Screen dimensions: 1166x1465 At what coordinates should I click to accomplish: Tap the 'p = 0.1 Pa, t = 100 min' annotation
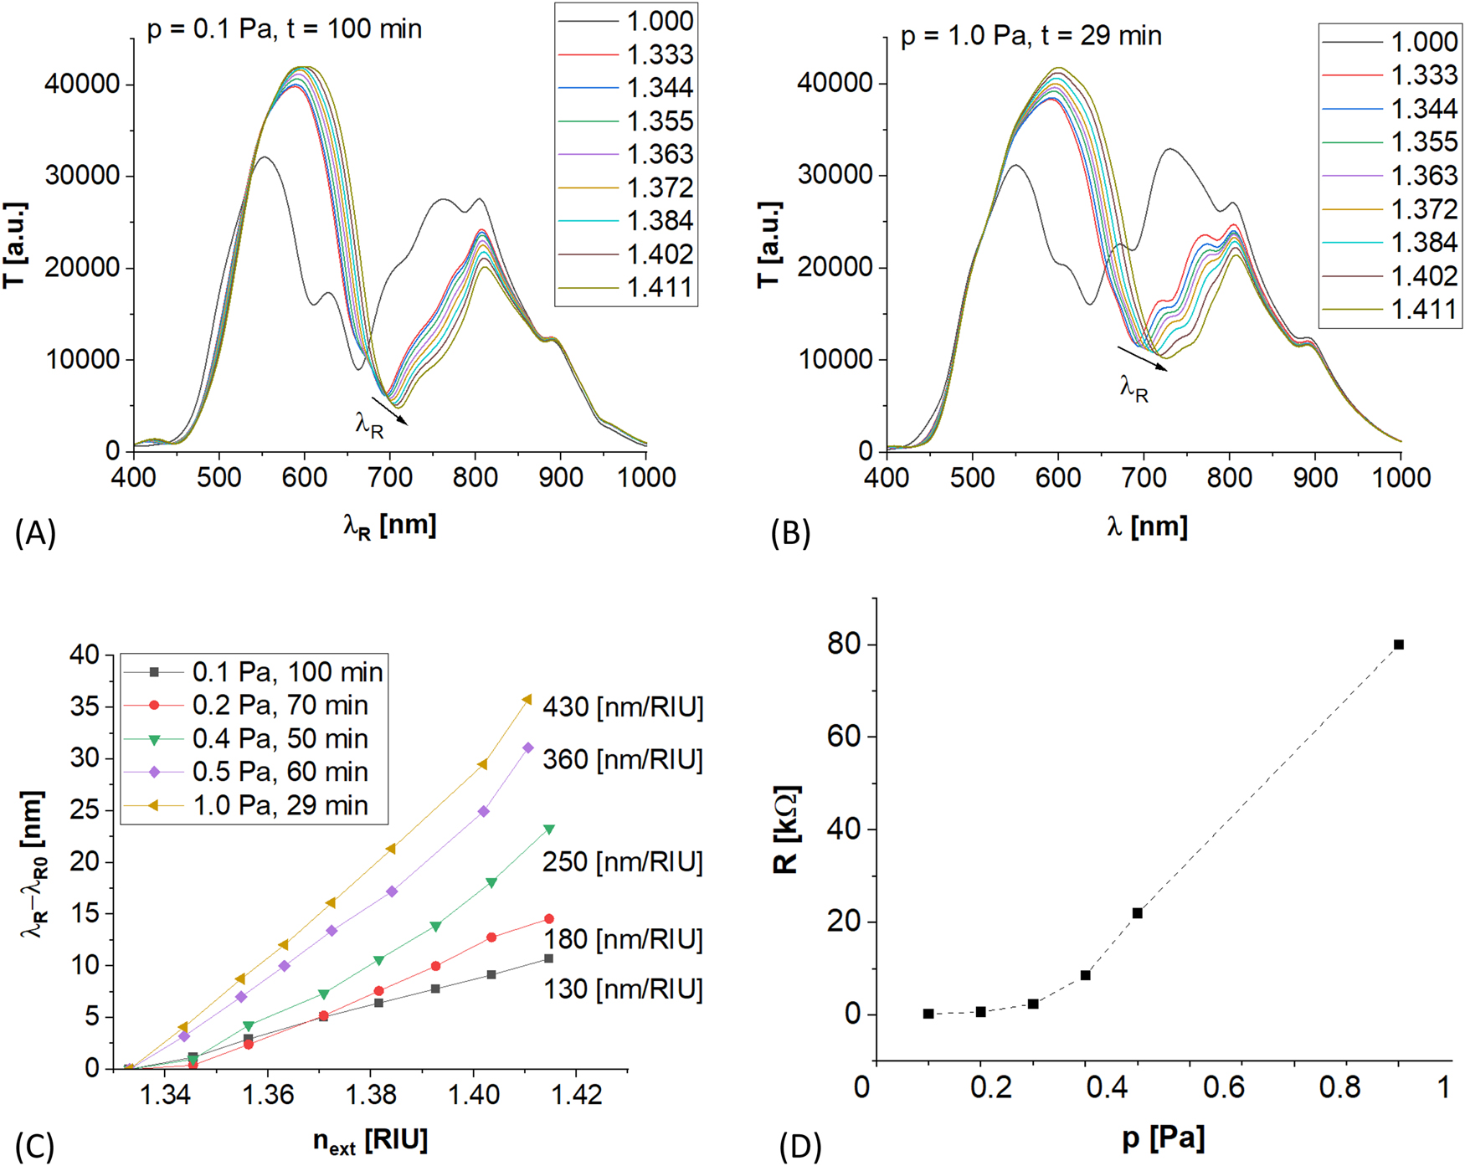click(285, 29)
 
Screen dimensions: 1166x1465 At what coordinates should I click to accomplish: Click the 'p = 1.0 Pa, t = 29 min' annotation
click(1031, 36)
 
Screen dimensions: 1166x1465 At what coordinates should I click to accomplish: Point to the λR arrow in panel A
click(389, 410)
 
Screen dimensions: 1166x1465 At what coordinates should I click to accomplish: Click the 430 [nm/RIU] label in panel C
click(623, 708)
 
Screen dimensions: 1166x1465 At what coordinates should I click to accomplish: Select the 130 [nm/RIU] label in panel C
click(623, 989)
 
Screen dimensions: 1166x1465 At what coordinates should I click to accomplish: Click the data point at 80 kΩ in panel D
click(1398, 645)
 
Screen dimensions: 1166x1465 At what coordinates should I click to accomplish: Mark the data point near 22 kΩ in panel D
click(1137, 913)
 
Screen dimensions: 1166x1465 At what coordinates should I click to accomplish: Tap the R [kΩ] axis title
click(787, 830)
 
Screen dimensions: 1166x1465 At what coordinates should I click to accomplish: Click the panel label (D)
click(799, 1147)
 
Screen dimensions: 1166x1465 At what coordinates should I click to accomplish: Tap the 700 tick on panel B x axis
click(1144, 478)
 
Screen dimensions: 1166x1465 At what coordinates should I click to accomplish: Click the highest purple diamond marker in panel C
click(528, 748)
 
